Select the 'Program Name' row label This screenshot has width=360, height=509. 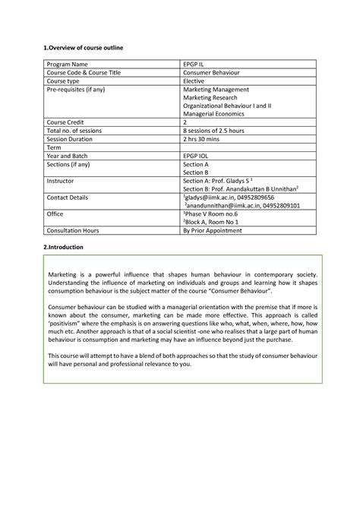(68, 65)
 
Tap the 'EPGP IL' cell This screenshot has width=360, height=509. (196, 65)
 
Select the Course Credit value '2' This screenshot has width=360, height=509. (185, 122)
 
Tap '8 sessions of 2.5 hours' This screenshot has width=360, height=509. (219, 130)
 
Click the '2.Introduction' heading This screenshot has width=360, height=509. (63, 248)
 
